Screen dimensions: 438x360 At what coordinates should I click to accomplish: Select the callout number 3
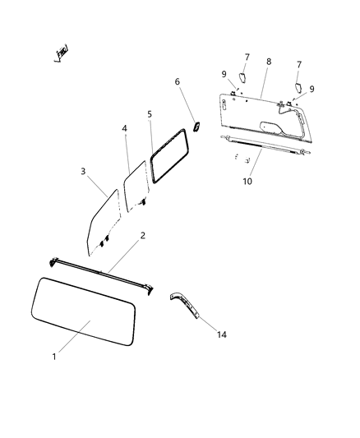(83, 171)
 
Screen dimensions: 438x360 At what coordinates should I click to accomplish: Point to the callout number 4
(125, 129)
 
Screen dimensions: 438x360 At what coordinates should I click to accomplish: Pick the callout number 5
(149, 114)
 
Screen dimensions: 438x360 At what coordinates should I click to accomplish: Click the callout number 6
(177, 81)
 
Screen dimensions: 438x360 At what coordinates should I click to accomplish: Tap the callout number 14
(223, 335)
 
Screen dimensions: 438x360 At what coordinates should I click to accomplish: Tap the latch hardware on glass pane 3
(104, 241)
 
